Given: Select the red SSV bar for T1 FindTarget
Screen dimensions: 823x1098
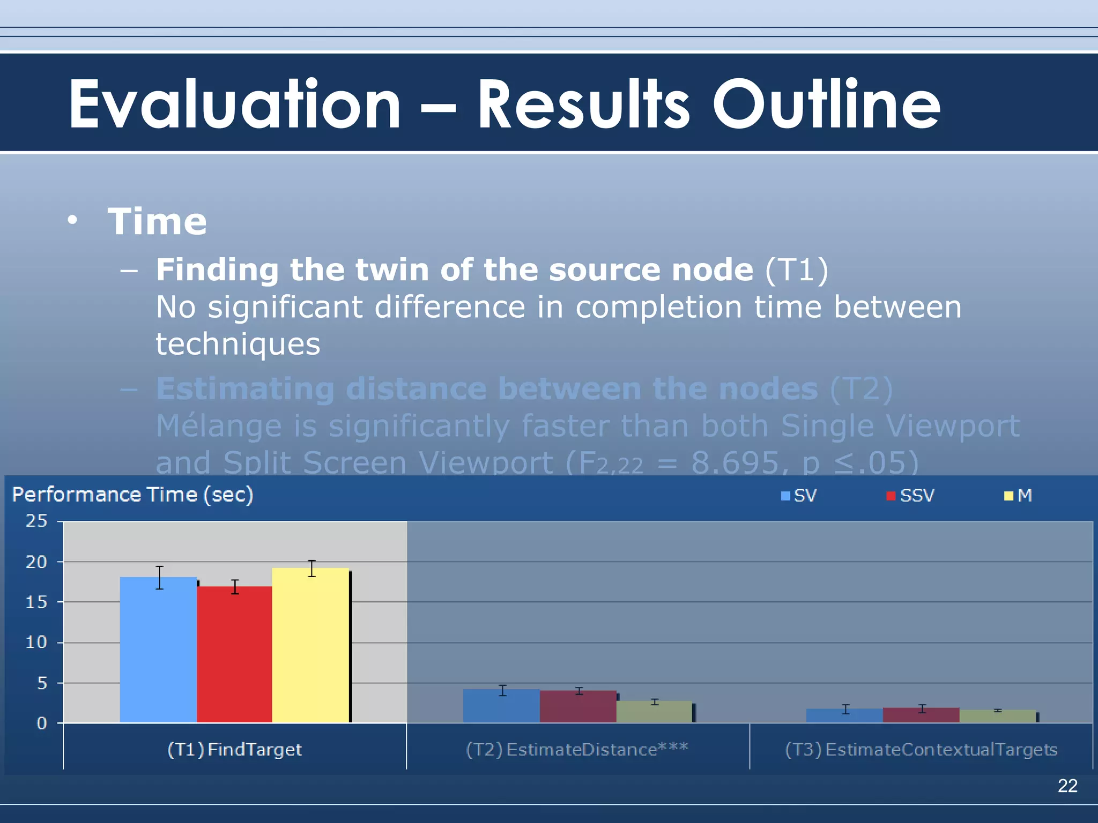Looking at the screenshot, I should click(x=234, y=654).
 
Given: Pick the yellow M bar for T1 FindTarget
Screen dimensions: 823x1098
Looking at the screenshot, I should click(x=310, y=645).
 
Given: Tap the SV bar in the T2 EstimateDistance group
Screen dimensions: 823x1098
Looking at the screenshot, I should click(x=501, y=706).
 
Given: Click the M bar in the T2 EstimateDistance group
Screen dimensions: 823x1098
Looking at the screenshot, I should click(x=654, y=712).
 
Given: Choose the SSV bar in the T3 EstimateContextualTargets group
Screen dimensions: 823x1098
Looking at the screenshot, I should click(x=921, y=715).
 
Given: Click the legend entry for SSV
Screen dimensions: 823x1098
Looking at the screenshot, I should click(x=911, y=496).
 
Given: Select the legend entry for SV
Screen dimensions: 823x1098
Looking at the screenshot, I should click(x=799, y=496).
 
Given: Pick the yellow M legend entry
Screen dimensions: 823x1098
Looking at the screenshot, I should click(x=1018, y=496).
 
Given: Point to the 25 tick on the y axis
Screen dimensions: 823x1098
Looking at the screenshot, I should click(x=36, y=521).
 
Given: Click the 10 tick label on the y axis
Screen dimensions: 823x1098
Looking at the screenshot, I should click(x=36, y=642).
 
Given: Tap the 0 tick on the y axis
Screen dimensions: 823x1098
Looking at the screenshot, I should click(x=41, y=723).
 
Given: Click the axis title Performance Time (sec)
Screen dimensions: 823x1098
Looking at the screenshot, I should click(x=132, y=495).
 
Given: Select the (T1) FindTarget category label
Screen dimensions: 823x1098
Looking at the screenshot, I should click(x=234, y=749).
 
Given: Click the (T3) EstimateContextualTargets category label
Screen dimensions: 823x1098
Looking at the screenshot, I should click(x=921, y=749).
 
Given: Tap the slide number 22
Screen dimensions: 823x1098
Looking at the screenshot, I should click(x=1067, y=785).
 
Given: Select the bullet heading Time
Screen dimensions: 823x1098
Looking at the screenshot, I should click(x=157, y=221).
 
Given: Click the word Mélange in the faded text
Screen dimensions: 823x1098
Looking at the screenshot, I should click(x=218, y=426).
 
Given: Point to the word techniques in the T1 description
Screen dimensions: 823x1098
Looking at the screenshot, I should click(x=238, y=344).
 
